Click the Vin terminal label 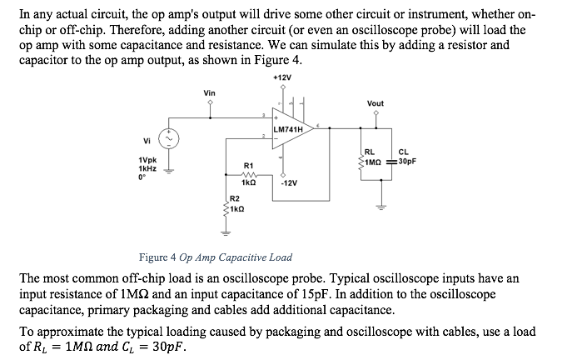pyautogui.click(x=211, y=93)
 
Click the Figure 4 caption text pyautogui.click(x=215, y=257)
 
